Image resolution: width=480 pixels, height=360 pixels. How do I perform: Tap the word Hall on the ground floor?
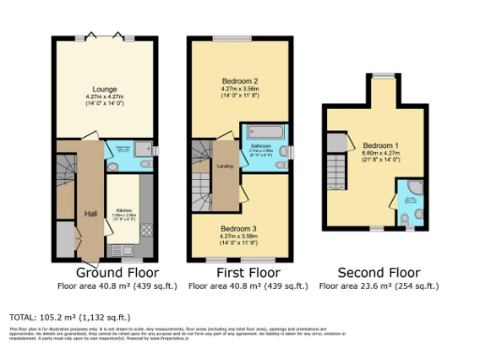(91, 214)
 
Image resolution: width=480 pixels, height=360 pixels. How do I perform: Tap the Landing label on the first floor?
(225, 167)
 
